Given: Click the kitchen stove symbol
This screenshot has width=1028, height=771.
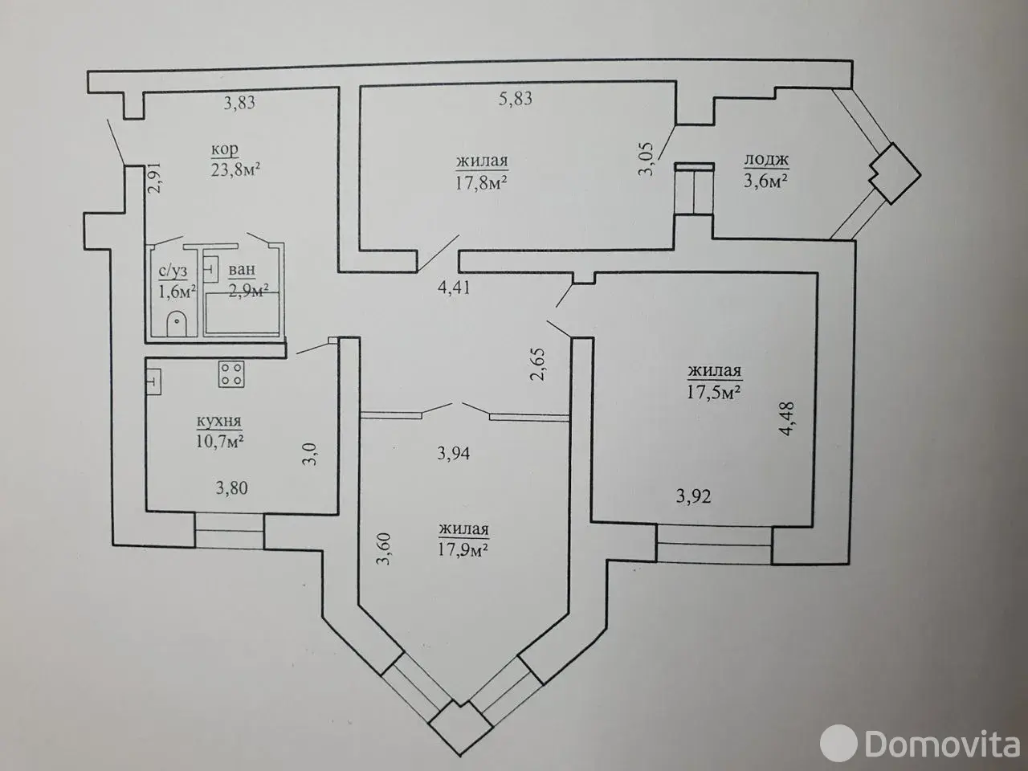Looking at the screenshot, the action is click(x=231, y=373).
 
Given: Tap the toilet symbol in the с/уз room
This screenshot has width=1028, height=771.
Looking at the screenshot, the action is click(x=177, y=323).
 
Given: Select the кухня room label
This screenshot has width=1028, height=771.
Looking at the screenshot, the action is click(x=219, y=422).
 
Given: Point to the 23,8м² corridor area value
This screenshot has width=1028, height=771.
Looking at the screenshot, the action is click(x=235, y=169).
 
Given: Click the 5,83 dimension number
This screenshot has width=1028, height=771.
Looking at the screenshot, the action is click(x=515, y=99).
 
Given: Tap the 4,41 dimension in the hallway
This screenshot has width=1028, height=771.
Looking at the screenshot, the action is click(x=453, y=288).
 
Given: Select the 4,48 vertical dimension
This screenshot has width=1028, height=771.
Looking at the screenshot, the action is click(x=787, y=418).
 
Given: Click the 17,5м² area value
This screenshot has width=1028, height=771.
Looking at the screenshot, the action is click(x=713, y=391).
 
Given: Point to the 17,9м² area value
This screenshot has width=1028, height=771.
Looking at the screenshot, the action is click(x=463, y=549).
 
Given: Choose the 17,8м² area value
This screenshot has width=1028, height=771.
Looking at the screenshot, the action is click(x=481, y=182).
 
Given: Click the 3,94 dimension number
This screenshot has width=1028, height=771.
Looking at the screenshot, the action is click(x=453, y=453).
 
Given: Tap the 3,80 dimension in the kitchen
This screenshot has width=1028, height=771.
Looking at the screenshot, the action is click(x=232, y=488).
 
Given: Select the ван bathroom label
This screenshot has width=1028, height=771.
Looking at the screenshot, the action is click(x=242, y=270).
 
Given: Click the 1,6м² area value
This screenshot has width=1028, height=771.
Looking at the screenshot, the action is click(x=177, y=292).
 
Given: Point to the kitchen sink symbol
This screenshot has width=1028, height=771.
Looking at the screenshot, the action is click(x=153, y=381).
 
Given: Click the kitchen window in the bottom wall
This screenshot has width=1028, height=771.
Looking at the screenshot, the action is click(x=229, y=531).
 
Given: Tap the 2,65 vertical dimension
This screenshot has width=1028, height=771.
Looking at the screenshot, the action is click(x=538, y=364).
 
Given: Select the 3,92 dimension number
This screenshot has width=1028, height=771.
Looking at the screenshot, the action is click(x=693, y=496).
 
